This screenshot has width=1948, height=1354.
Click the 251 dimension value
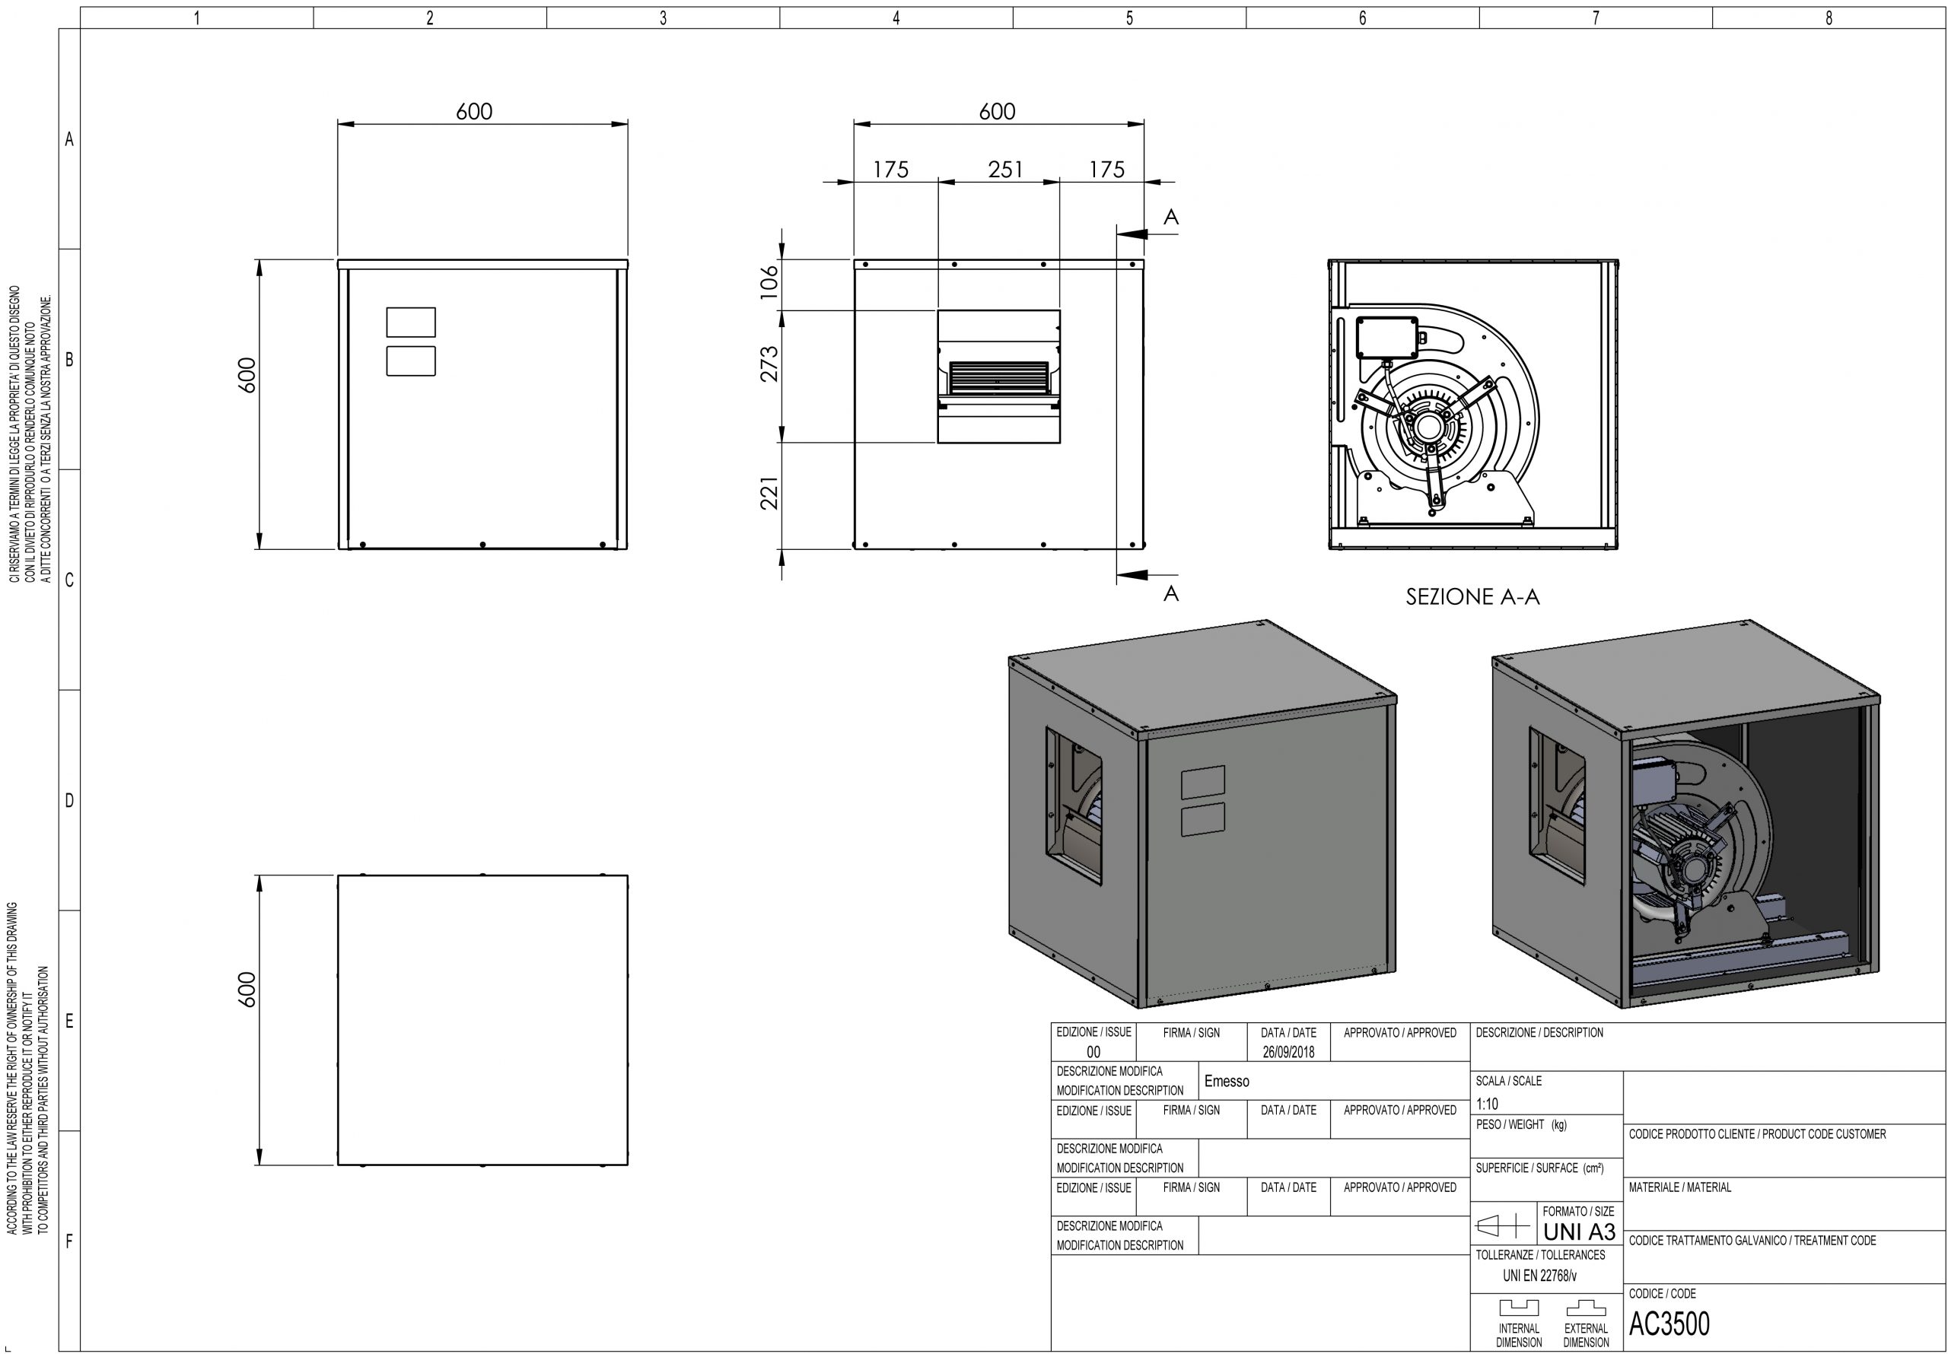click(1005, 170)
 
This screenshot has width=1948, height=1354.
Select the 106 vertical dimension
click(769, 281)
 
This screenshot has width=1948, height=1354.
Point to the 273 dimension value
click(769, 364)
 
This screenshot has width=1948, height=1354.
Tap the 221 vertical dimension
click(769, 493)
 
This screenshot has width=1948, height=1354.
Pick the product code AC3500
click(1669, 1324)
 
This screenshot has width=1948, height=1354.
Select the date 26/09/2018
click(1288, 1052)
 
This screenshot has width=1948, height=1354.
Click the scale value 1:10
click(1488, 1104)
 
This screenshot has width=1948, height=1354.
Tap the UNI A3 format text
click(1579, 1231)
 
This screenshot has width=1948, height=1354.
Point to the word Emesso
click(1227, 1082)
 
